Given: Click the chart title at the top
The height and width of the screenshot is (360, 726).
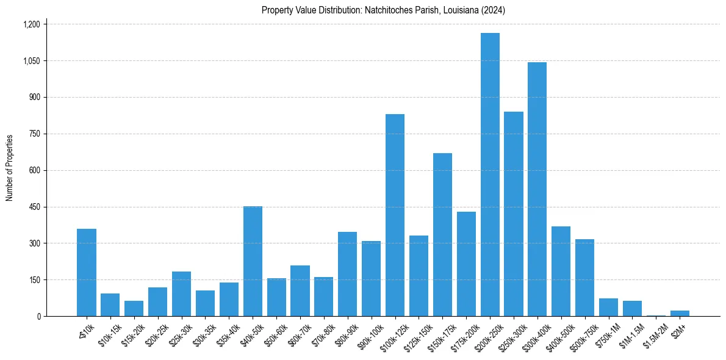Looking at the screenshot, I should pyautogui.click(x=383, y=10).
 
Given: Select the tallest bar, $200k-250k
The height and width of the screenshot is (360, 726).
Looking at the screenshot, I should pyautogui.click(x=490, y=175).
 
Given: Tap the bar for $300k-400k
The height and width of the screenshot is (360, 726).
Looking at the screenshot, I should pyautogui.click(x=537, y=189).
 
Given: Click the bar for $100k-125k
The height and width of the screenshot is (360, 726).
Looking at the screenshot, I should pyautogui.click(x=395, y=215).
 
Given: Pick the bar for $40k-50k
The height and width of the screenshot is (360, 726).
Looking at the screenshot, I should pyautogui.click(x=253, y=261).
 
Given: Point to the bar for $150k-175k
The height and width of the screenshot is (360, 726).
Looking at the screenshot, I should pyautogui.click(x=442, y=234).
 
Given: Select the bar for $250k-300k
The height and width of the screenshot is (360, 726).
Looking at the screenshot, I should pyautogui.click(x=514, y=214).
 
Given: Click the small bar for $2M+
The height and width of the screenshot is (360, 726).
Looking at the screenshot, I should pyautogui.click(x=680, y=313).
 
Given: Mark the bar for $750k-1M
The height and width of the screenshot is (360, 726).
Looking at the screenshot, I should pyautogui.click(x=608, y=307).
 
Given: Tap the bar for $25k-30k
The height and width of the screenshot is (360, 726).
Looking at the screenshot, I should pyautogui.click(x=181, y=293).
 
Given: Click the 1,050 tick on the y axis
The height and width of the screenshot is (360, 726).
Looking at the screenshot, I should pyautogui.click(x=31, y=61).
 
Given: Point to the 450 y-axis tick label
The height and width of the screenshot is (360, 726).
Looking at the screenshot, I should pyautogui.click(x=35, y=207).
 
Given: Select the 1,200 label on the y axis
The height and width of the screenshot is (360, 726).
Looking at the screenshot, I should pyautogui.click(x=31, y=24).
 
